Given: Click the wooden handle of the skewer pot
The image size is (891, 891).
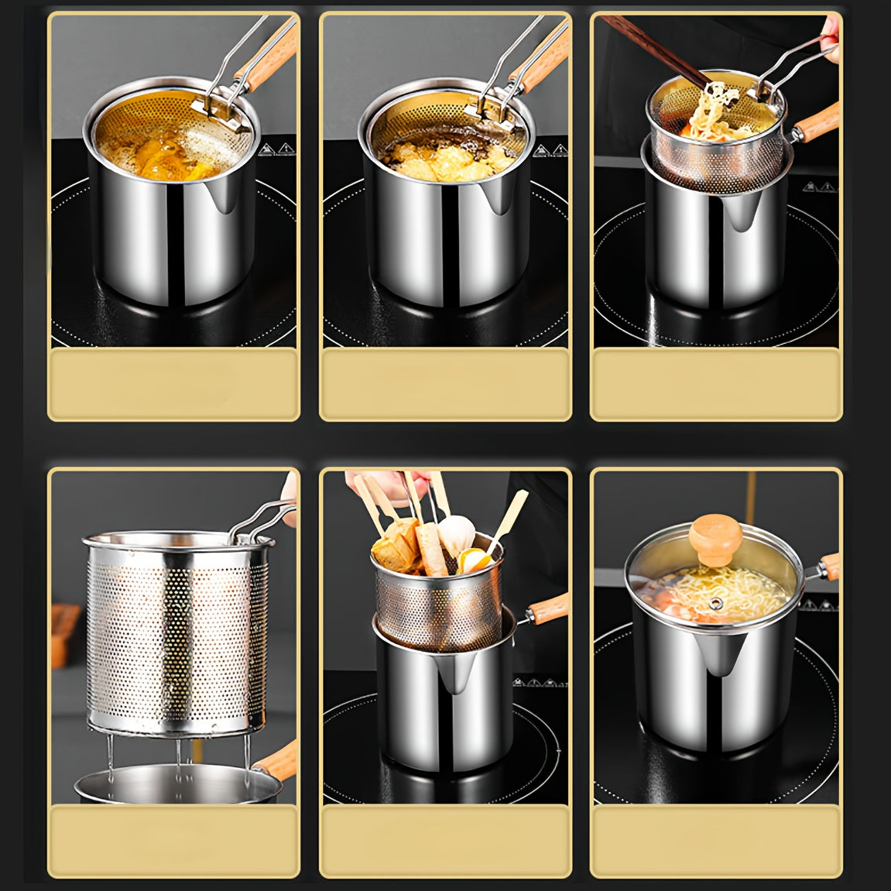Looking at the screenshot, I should coord(547,608).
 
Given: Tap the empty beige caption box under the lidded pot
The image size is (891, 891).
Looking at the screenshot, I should coord(716,841).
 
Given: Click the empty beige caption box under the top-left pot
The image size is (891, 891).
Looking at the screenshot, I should coord(173,384).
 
